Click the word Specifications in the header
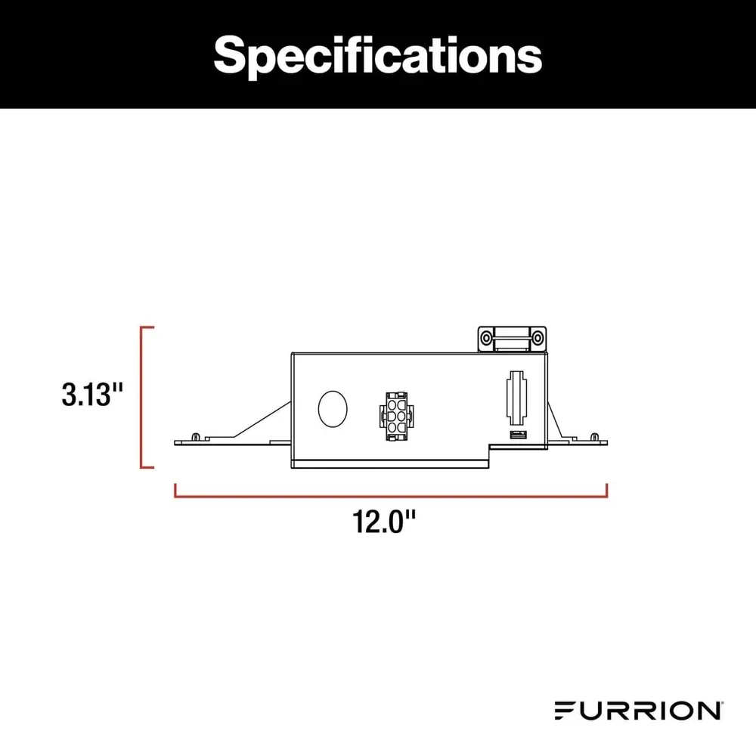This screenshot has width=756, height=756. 377,54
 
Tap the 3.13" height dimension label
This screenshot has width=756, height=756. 93,395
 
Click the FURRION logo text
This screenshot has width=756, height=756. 637,711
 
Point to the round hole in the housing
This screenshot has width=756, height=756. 332,409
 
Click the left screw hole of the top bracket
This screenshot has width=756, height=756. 486,336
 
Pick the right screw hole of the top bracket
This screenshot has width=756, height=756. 538,336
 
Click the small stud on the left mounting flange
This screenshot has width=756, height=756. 197,436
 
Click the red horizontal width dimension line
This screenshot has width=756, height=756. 391,497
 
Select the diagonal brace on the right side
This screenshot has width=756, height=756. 554,420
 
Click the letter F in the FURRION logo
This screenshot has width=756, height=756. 563,711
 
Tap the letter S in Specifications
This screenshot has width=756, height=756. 230,54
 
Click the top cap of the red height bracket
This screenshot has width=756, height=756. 147,328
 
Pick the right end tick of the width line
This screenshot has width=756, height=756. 606,491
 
